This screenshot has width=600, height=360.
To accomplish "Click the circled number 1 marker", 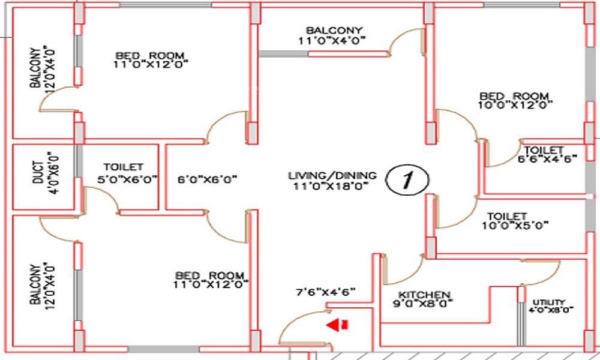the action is click(407, 179).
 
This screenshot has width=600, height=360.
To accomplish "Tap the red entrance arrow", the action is click(337, 325).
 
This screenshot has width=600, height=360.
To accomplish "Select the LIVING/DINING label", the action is click(332, 176).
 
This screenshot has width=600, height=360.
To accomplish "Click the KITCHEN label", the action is click(424, 295).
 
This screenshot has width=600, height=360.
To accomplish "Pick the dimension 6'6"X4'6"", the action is click(547, 159).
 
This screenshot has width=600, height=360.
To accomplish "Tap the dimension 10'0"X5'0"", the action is click(515, 226).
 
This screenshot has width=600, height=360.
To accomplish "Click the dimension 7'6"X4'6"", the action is click(325, 292).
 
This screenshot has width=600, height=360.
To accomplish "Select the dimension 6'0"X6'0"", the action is click(207, 179).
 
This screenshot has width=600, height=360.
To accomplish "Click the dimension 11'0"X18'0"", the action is click(331, 186).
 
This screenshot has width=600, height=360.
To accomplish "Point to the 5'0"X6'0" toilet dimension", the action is click(127, 179).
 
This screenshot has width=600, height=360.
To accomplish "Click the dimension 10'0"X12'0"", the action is click(515, 105).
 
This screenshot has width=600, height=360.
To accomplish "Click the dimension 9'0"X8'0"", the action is click(423, 304).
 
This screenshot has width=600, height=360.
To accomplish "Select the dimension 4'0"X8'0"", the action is click(551, 310).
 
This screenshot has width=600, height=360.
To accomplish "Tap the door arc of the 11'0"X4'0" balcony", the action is click(402, 34).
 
